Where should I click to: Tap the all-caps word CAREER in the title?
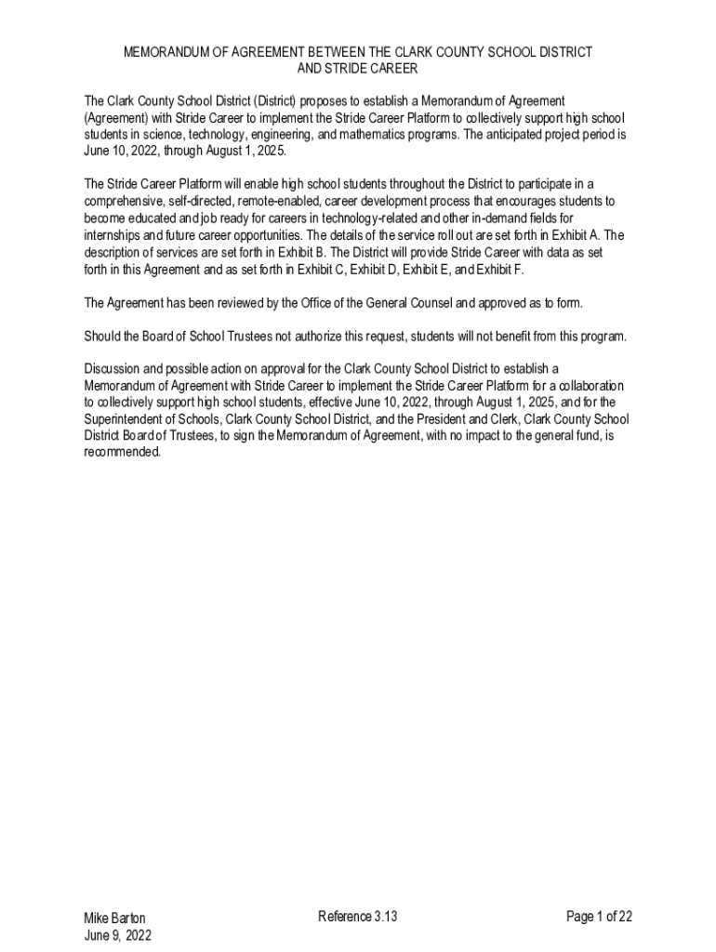click(x=392, y=68)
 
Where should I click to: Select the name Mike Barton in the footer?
click(x=114, y=918)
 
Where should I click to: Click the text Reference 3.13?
click(x=358, y=917)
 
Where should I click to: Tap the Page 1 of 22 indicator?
click(x=600, y=917)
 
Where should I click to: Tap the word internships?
click(x=116, y=234)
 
